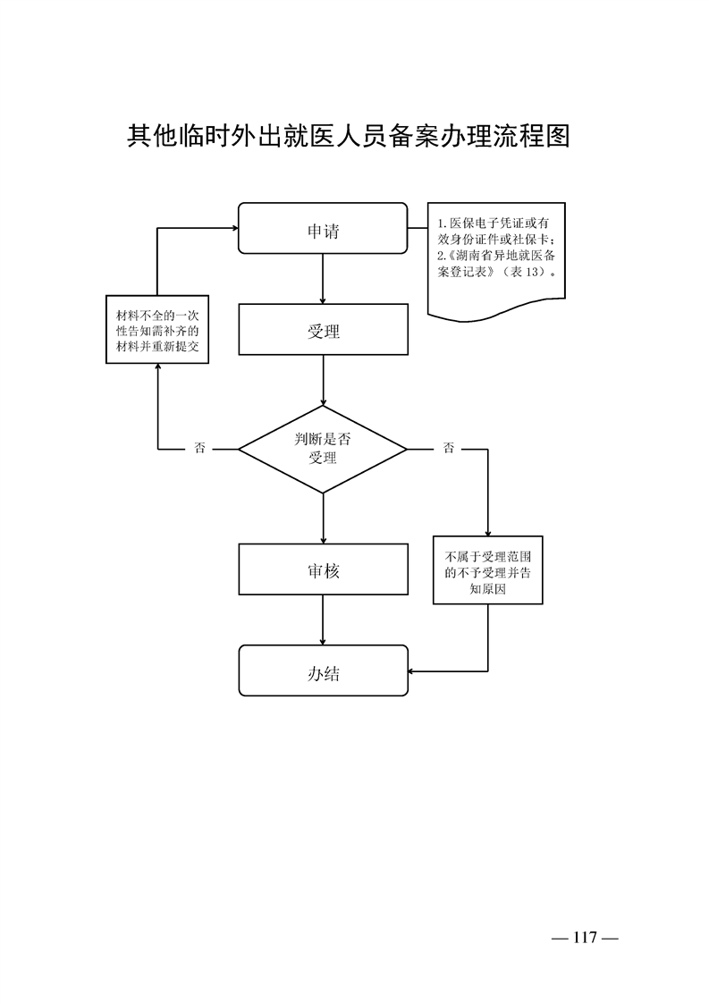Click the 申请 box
pos(323,231)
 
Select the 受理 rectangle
pos(323,331)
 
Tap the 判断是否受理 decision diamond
pos(323,449)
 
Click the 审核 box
pos(323,570)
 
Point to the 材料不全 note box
pos(157,331)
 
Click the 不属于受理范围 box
pos(488,570)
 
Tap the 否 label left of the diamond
pos(200,449)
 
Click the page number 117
pos(586,938)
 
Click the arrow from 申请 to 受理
pos(323,279)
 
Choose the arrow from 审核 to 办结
pos(323,620)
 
